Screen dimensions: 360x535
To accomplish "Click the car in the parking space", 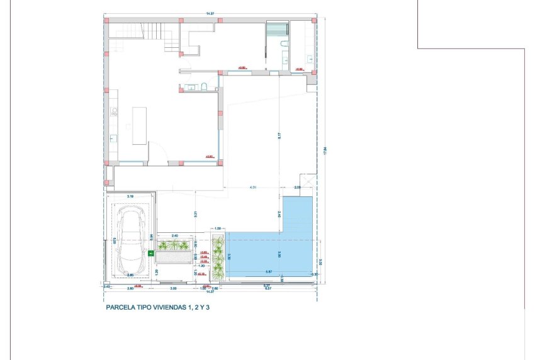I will tap(133, 237).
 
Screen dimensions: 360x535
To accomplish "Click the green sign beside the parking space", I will tap(151, 253).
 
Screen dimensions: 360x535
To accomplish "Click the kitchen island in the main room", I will tap(139, 126).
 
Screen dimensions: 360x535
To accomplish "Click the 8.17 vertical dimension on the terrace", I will tap(279, 134).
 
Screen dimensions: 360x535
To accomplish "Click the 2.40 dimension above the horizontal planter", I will tap(174, 235).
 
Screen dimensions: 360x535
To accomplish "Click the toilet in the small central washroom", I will tap(205, 87).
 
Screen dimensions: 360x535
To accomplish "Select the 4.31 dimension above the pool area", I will tap(253, 188).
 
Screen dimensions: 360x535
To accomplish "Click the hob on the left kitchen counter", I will tap(115, 112).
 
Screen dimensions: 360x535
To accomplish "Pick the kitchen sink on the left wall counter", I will tap(114, 138).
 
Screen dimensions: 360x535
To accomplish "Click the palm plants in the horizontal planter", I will tap(174, 245).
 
